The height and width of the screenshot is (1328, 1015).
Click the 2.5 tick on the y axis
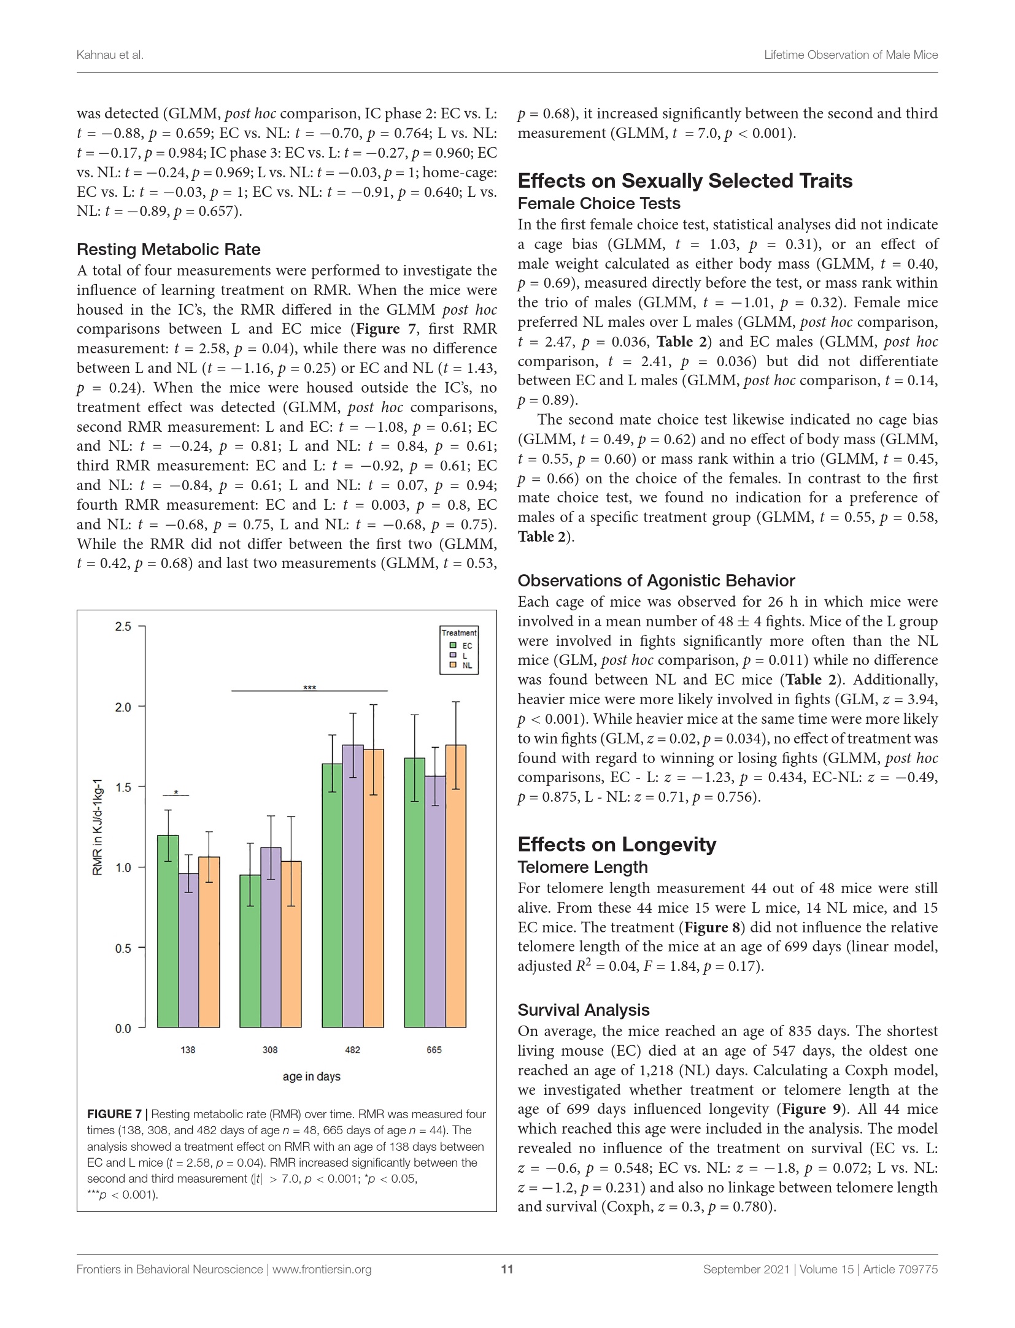click(x=123, y=626)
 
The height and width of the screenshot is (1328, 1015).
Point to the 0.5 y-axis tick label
click(x=123, y=948)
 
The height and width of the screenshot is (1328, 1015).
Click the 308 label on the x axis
click(x=270, y=1050)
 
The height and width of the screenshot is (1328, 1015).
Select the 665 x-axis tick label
click(x=434, y=1050)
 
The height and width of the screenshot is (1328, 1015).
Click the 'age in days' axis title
click(x=312, y=1077)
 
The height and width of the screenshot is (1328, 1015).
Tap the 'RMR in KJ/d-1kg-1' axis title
click(x=98, y=827)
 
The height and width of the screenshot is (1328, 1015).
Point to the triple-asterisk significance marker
click(x=310, y=688)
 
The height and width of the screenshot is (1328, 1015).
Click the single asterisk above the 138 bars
click(x=176, y=793)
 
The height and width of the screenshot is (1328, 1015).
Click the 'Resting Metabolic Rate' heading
click(x=168, y=250)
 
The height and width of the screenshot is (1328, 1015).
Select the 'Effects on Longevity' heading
click(x=617, y=845)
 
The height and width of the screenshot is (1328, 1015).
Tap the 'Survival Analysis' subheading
click(x=583, y=1010)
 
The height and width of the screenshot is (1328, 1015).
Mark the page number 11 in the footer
click(x=507, y=1269)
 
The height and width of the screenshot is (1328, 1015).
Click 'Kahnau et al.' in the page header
click(x=110, y=55)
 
